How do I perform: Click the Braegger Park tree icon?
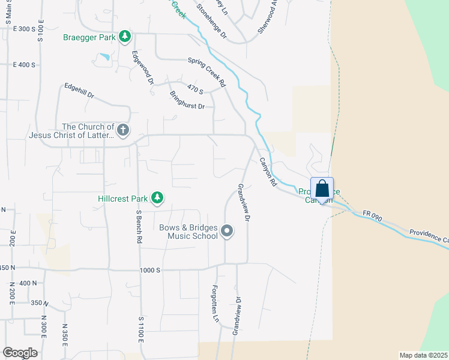(124, 37)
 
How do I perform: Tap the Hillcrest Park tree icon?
(157, 197)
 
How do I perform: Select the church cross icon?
(122, 130)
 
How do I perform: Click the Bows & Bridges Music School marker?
(227, 231)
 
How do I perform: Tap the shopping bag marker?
(322, 188)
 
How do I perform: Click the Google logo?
(20, 353)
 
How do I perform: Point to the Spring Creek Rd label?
(206, 71)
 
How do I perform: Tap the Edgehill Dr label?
(79, 91)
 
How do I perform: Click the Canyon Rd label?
(267, 172)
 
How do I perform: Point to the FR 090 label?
(372, 217)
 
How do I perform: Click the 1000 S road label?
(149, 270)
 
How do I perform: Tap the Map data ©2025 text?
(423, 355)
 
